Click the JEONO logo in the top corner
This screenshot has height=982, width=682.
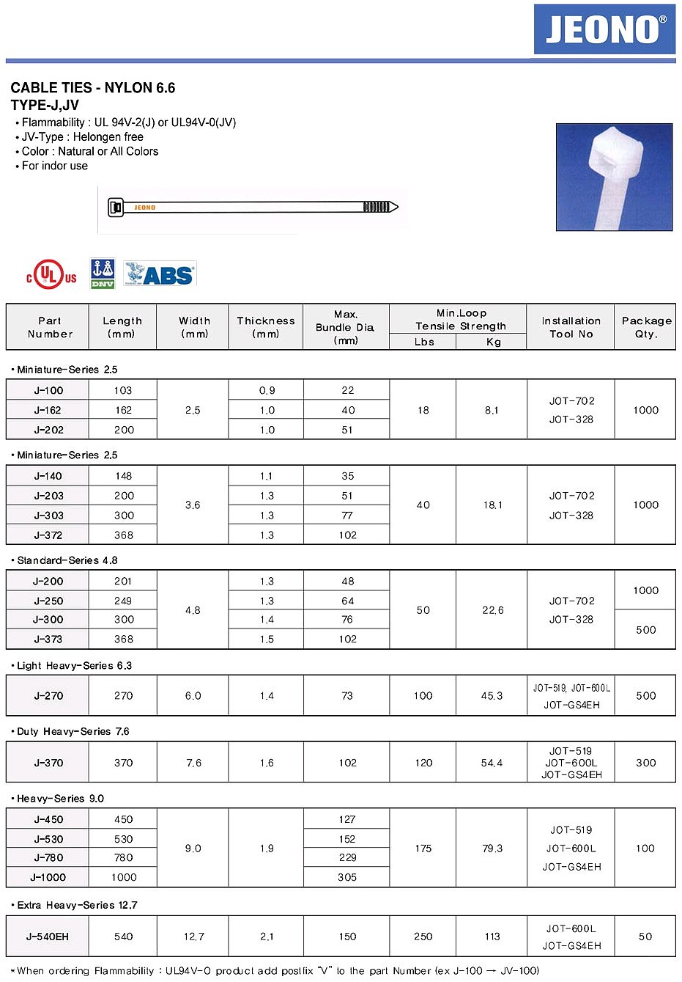pos(604,29)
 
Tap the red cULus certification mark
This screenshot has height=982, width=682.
pos(51,276)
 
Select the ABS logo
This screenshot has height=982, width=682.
pos(160,274)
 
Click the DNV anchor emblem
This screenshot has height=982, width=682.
pos(103,273)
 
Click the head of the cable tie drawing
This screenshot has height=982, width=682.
pos(115,208)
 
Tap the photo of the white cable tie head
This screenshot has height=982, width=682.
pos(614,177)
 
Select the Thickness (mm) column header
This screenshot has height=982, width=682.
pos(266,327)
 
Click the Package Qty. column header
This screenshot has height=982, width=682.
pos(645,327)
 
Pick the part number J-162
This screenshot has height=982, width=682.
pos(48,410)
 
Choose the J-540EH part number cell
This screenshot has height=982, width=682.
pos(48,937)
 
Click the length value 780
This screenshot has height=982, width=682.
pos(124,857)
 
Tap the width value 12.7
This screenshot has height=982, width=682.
pos(193,937)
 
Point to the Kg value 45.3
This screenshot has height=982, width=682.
pos(492,695)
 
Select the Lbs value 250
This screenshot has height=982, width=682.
pos(423,937)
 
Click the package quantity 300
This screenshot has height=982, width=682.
pos(645,763)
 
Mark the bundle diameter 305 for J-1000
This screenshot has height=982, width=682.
pos(347,877)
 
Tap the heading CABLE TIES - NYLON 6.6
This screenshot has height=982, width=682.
pos(93,88)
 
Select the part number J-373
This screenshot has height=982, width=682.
pos(48,639)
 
